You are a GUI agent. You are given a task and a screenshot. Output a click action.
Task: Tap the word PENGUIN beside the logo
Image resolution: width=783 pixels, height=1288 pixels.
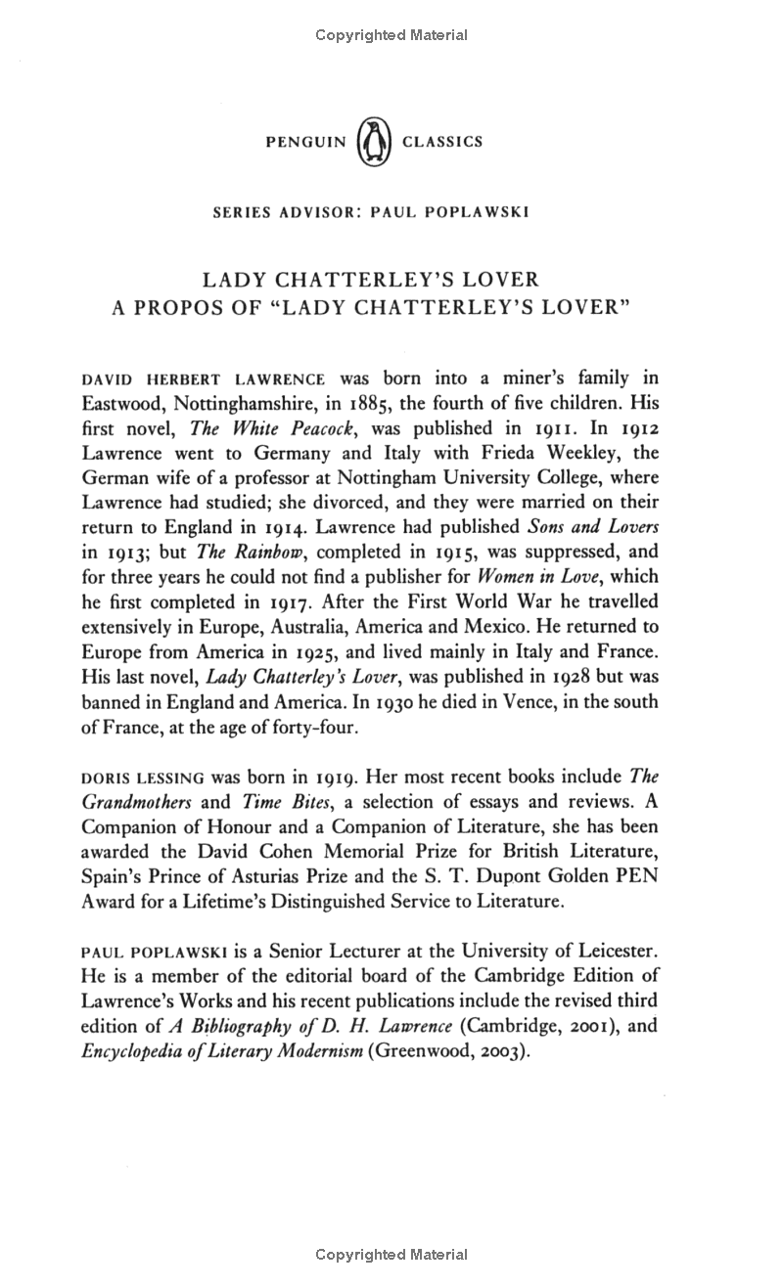(306, 142)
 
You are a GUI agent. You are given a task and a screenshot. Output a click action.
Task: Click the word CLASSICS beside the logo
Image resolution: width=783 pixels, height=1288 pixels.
(442, 142)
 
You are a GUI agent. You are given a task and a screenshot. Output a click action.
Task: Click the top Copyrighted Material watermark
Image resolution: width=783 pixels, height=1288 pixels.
(391, 35)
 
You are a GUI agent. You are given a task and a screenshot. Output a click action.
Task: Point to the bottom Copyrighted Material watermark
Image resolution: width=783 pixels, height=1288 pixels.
(391, 1254)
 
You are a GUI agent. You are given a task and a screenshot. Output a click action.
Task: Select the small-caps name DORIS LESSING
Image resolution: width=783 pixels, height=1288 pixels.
(144, 777)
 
